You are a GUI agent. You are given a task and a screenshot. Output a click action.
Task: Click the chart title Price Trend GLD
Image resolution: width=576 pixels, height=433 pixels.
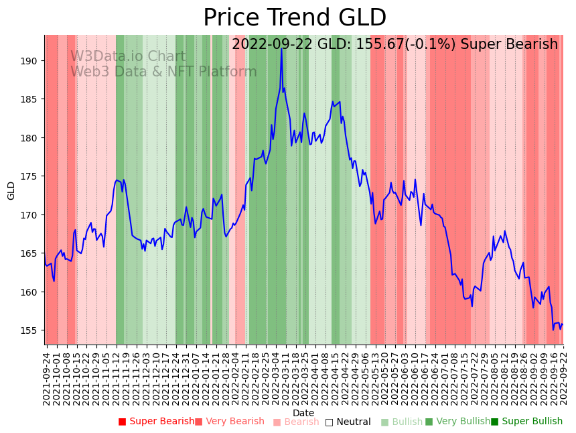[295, 18]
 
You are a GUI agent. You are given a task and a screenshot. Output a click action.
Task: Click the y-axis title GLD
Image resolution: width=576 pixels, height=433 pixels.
[11, 190]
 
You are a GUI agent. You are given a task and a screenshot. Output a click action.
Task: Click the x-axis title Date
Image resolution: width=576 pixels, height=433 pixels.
[303, 413]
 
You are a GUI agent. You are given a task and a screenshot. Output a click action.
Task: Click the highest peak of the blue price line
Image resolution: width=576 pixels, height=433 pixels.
[281, 49]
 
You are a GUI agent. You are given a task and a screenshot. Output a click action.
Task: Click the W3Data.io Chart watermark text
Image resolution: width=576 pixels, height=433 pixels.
[128, 56]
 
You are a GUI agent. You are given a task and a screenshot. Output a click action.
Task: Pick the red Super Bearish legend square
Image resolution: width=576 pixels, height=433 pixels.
[122, 422]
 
